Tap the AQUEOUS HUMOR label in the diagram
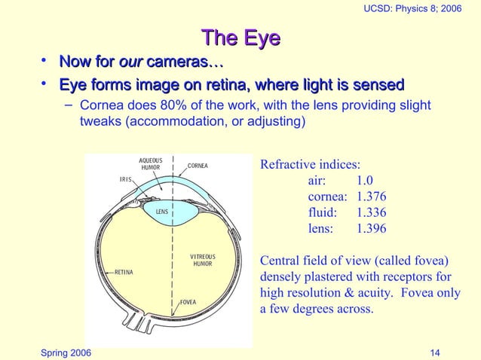(x=151, y=163)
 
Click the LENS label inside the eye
(x=161, y=212)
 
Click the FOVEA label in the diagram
(x=188, y=302)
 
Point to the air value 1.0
(x=365, y=181)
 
